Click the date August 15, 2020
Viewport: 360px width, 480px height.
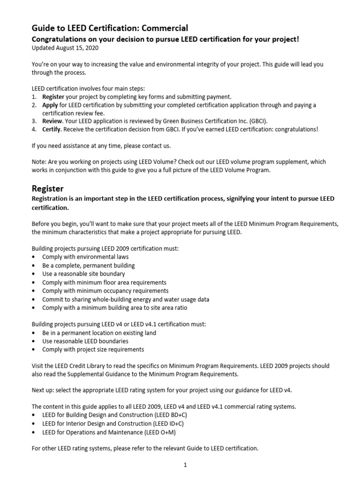coord(77,48)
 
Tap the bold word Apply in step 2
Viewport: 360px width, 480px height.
coord(51,105)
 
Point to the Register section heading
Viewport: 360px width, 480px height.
coord(47,188)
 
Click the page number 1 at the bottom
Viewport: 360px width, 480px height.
coord(185,465)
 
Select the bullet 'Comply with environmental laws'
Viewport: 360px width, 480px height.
coord(85,257)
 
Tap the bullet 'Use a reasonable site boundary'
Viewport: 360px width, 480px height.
coord(83,274)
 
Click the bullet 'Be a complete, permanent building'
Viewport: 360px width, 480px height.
coord(88,265)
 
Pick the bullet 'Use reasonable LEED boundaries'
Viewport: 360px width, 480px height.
coord(85,341)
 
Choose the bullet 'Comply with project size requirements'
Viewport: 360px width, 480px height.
coord(93,349)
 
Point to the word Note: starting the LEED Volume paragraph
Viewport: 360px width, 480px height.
coord(39,162)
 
